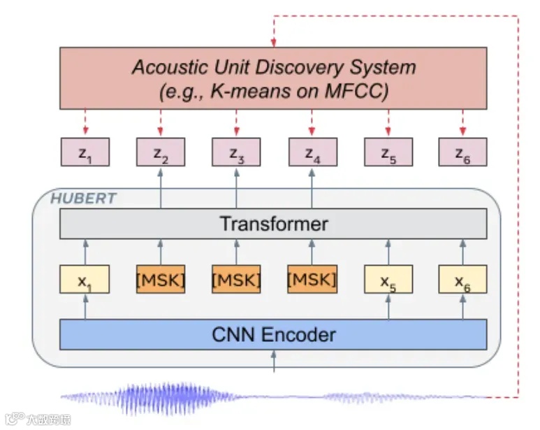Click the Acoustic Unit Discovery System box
point(273,78)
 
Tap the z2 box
point(160,153)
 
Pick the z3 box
point(236,153)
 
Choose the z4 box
point(312,153)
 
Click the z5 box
point(388,153)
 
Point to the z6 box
point(462,153)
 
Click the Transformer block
point(273,224)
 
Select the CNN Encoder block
point(273,334)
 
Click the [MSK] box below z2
point(160,280)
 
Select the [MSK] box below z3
point(236,280)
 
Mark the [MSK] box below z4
point(312,280)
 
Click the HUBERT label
point(83,199)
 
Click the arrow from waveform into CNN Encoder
point(273,360)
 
